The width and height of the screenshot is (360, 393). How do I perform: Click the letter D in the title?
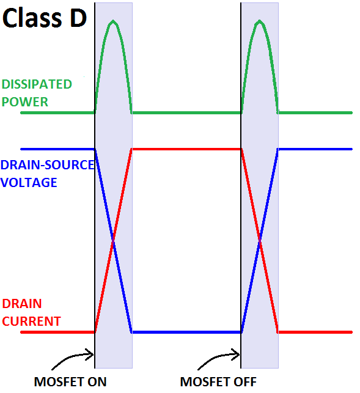click(78, 18)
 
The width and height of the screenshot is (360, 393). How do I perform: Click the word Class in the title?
click(32, 18)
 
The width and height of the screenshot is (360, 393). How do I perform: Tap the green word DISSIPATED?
click(37, 84)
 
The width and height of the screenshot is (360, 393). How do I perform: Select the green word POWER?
click(25, 102)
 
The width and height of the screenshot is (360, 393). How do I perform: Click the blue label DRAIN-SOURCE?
click(48, 165)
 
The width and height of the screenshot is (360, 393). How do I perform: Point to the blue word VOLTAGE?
click(29, 183)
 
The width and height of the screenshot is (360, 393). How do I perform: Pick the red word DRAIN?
click(22, 304)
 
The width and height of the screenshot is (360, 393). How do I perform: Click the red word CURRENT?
click(31, 321)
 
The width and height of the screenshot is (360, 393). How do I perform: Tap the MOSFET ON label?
click(70, 382)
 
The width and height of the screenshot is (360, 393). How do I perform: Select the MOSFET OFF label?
click(218, 382)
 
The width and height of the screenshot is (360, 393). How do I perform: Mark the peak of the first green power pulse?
click(113, 21)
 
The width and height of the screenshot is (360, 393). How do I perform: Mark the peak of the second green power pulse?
click(260, 21)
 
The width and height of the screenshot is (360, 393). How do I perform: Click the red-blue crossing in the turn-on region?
click(113, 241)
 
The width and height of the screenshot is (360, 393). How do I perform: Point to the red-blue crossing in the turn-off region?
click(260, 241)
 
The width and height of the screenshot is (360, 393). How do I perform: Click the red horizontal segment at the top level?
click(186, 149)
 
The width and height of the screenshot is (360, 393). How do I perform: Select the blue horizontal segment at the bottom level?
click(186, 332)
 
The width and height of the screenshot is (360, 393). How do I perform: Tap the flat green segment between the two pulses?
click(186, 113)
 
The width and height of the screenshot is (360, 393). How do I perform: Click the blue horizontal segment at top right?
click(315, 149)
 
